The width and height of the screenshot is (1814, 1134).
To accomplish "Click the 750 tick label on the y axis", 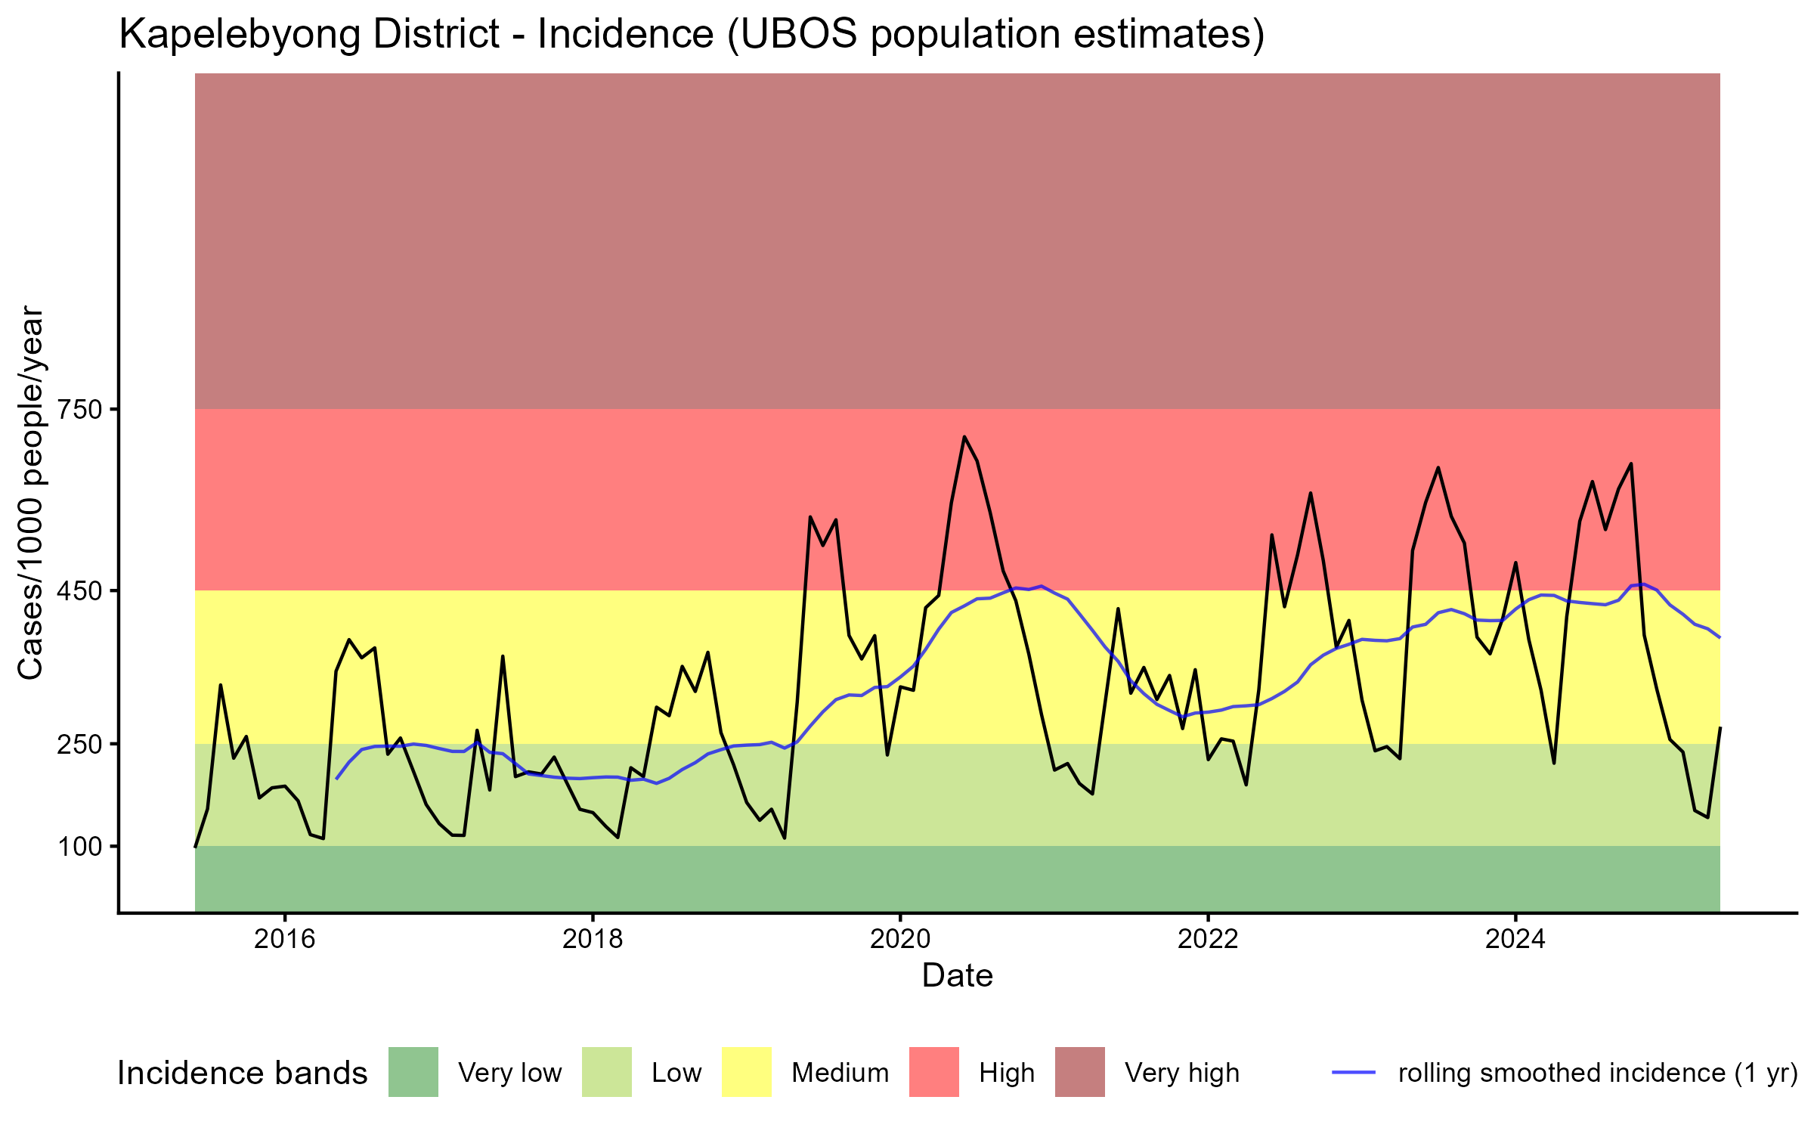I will click(x=80, y=410).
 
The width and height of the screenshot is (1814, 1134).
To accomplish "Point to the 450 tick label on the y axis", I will click(x=80, y=590).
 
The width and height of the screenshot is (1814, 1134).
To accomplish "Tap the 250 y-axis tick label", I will click(x=80, y=744).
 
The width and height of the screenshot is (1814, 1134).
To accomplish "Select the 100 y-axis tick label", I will click(x=80, y=847).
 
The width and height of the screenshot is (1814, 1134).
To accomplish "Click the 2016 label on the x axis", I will click(x=284, y=939).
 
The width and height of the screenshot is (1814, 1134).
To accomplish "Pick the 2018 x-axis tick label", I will click(x=593, y=939).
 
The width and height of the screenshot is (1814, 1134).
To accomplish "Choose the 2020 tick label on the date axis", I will click(x=900, y=939).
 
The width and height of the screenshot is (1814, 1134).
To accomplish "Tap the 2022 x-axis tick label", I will click(x=1208, y=939).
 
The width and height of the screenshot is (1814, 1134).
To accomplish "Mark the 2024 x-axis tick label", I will click(x=1515, y=939).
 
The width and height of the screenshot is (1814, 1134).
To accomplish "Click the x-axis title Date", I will click(x=957, y=976).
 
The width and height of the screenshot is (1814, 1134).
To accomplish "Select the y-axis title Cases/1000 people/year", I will click(x=30, y=492).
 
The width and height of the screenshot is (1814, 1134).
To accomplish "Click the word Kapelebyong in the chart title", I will click(x=309, y=35).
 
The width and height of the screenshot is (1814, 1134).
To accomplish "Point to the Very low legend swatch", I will click(x=413, y=1072).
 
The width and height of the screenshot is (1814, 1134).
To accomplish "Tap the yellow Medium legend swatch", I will click(x=747, y=1072).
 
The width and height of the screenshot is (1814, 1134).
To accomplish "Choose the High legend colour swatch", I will click(x=933, y=1072).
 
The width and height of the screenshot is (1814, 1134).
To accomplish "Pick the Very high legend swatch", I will click(x=1079, y=1072).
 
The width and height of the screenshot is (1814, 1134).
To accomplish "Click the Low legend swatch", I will click(x=606, y=1072).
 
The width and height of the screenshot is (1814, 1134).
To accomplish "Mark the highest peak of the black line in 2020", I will click(x=964, y=436).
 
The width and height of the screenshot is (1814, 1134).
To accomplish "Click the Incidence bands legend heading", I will click(x=242, y=1074).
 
